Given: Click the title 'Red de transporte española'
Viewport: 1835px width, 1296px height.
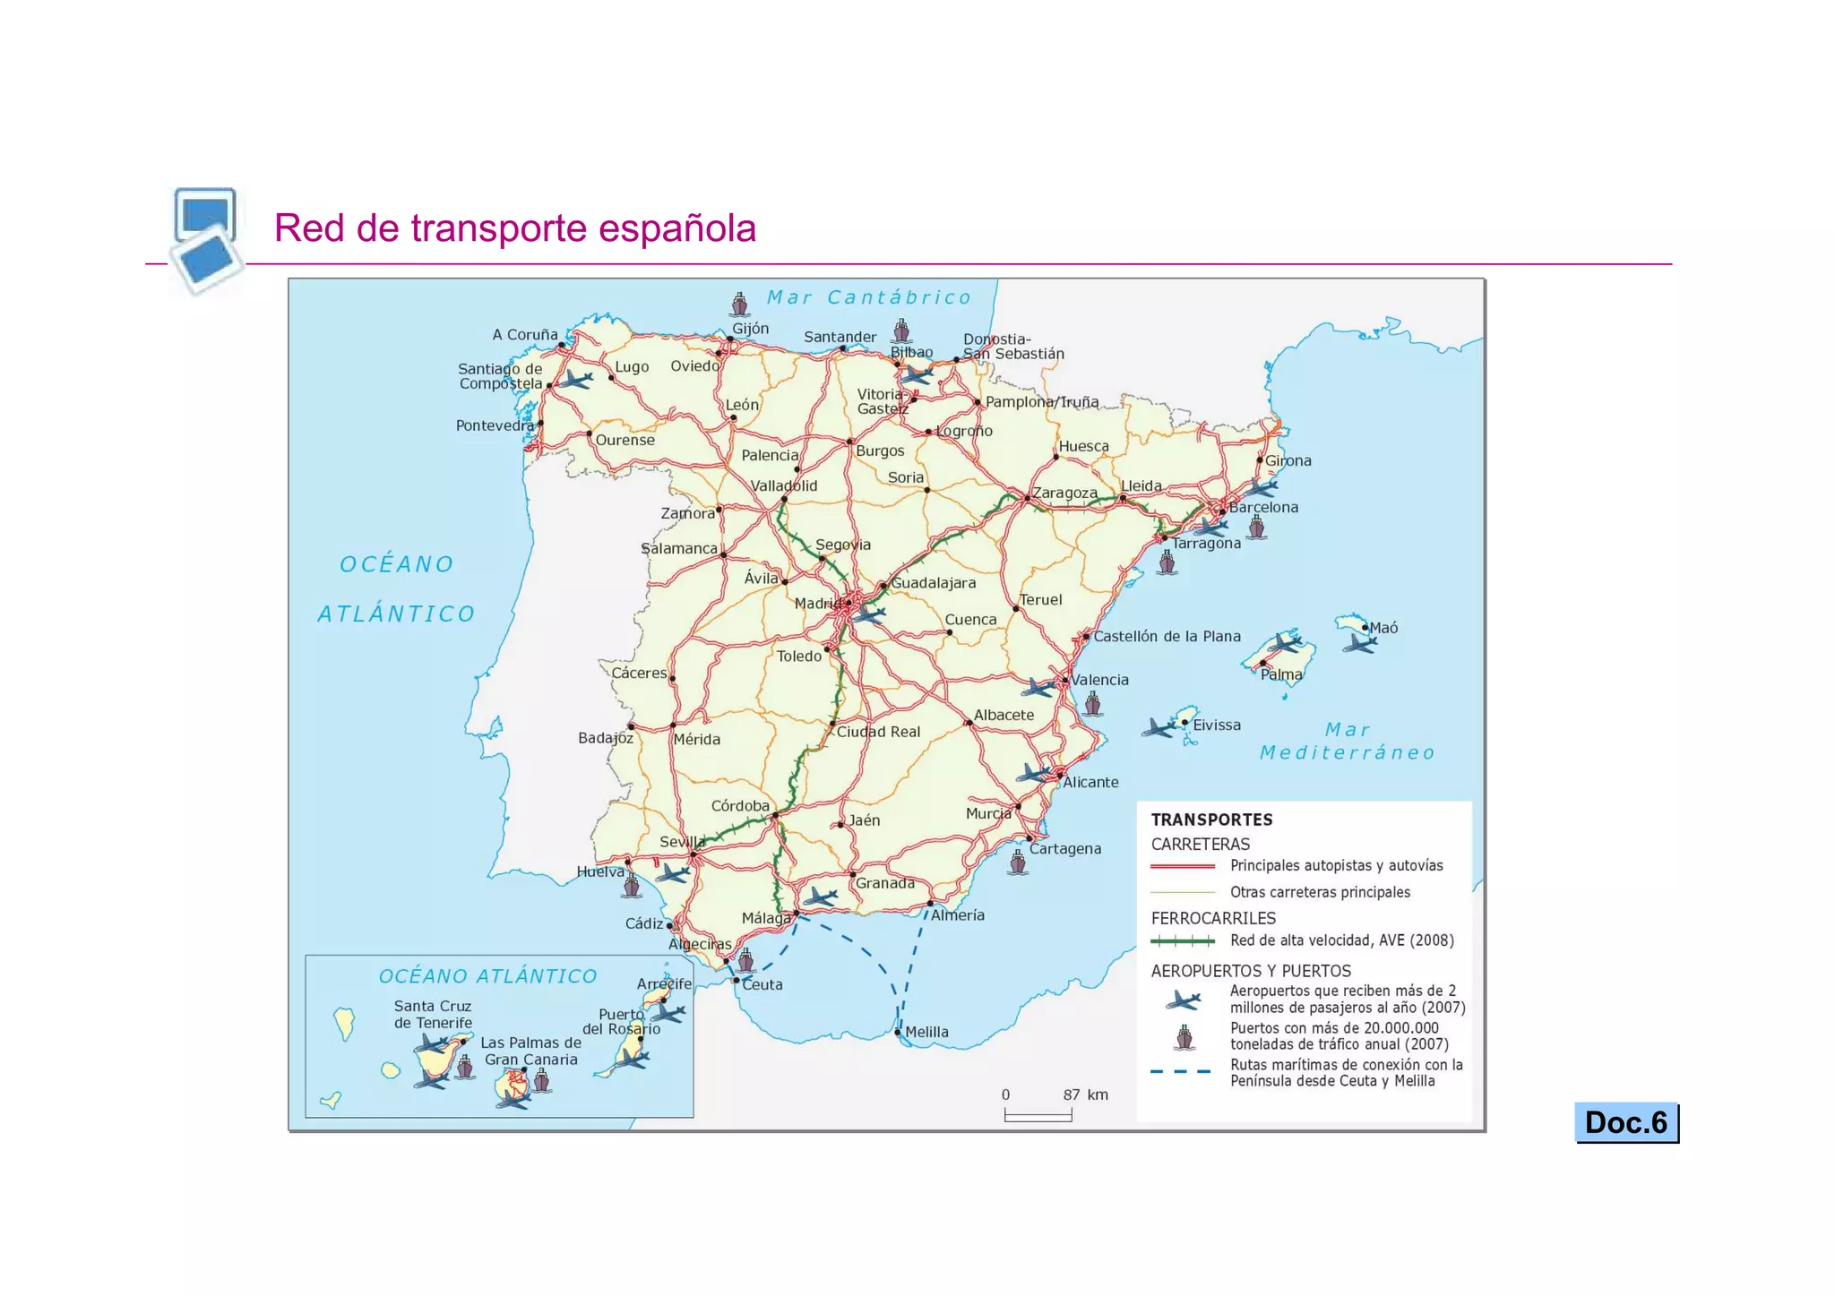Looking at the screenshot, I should point(515,228).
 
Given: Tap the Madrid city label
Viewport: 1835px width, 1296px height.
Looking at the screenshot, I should point(817,604).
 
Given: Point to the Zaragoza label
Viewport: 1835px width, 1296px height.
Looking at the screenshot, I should point(1064,493).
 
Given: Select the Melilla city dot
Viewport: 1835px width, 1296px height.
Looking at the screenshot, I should point(898,1032).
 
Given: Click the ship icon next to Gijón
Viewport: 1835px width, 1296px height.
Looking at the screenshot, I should point(739,305).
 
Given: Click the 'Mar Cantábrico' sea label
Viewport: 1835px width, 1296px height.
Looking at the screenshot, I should point(868,297).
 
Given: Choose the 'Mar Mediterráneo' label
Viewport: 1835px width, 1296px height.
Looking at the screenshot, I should point(1347,742).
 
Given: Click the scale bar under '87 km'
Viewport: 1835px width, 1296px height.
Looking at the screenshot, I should point(1038,1116).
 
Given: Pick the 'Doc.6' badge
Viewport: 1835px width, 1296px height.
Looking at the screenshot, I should point(1626,1122).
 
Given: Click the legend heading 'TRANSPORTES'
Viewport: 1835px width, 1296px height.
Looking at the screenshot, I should point(1211,820).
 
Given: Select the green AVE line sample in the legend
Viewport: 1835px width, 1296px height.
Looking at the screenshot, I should point(1183,940).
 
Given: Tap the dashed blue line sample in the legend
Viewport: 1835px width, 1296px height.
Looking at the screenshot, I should point(1181,1072).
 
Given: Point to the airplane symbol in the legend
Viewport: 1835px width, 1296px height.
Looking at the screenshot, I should point(1184,1000).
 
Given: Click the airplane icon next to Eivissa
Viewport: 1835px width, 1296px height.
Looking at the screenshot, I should point(1159,727).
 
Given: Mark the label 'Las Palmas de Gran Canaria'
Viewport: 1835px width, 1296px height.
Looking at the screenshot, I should point(530,1051).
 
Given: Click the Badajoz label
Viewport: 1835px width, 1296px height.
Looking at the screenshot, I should point(606,738).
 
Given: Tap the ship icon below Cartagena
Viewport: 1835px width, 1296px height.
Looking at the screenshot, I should point(1017,863).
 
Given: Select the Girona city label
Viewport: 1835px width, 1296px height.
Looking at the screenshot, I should point(1288,460).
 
